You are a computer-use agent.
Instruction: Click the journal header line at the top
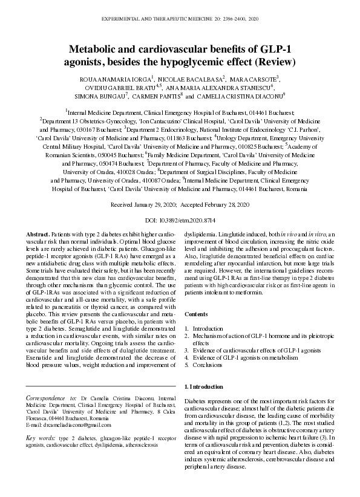click(180, 20)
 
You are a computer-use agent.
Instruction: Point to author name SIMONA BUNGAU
click(99, 96)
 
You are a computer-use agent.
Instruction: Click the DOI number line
click(180, 221)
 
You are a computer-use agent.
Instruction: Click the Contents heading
click(195, 315)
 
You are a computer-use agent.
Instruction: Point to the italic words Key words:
click(41, 437)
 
